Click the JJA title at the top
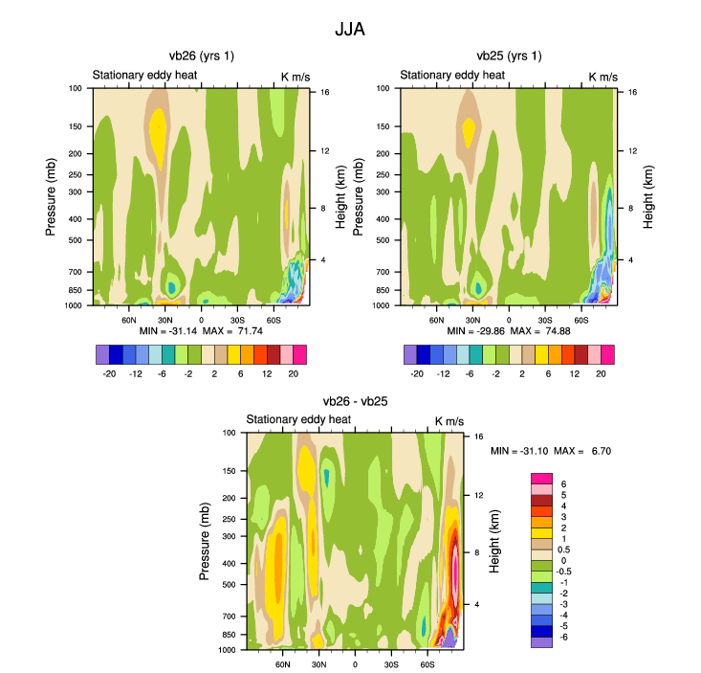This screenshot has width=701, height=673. [x=350, y=30]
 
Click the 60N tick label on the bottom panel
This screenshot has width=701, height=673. [x=282, y=663]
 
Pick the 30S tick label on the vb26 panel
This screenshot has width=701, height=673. [x=237, y=319]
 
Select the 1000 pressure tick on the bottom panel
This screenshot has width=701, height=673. [x=229, y=650]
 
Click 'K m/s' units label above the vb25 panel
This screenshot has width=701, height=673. [x=603, y=76]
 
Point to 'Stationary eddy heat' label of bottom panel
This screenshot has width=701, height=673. [x=299, y=420]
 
